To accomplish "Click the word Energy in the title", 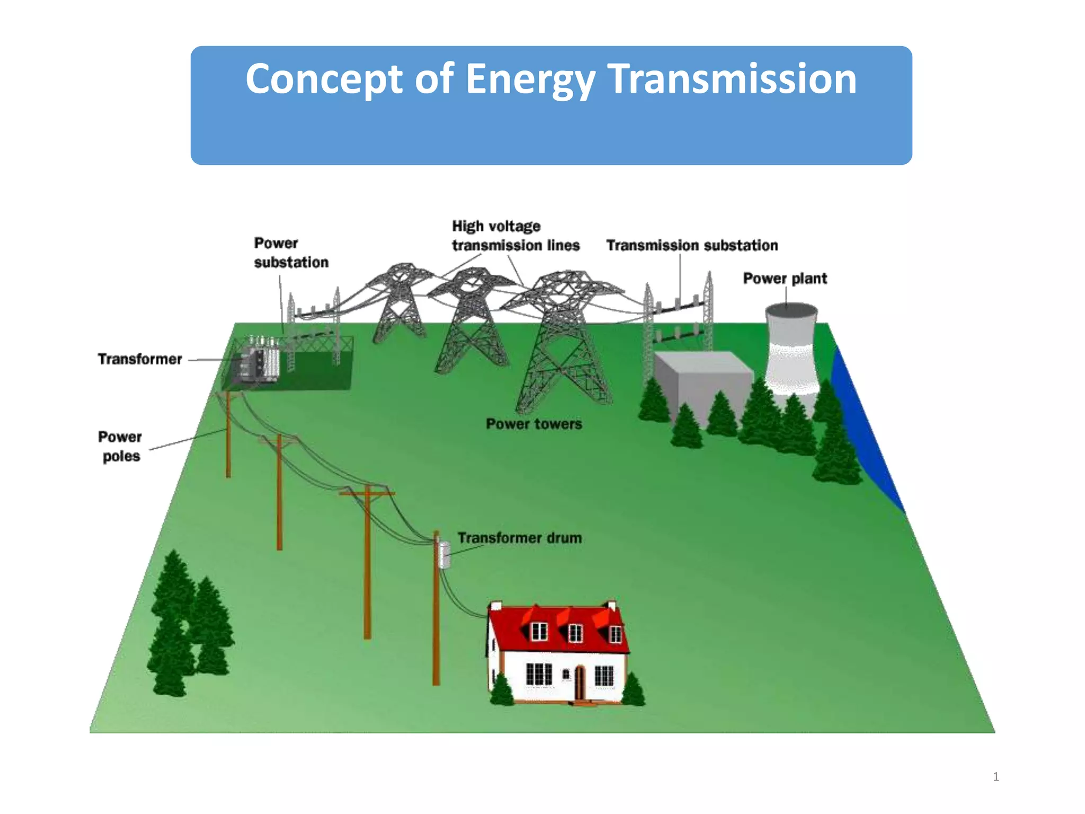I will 530,79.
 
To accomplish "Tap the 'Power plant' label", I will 785,278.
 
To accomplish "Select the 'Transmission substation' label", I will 692,245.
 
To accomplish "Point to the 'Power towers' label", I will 534,424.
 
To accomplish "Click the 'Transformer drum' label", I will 520,538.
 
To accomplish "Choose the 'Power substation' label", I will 291,253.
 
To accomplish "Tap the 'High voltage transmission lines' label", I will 515,236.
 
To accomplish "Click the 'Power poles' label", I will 121,446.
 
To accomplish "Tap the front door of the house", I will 580,683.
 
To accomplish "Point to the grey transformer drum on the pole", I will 444,555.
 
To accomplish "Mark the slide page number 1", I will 996,777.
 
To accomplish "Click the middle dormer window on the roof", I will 575,632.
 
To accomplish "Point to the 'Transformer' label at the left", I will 140,359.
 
